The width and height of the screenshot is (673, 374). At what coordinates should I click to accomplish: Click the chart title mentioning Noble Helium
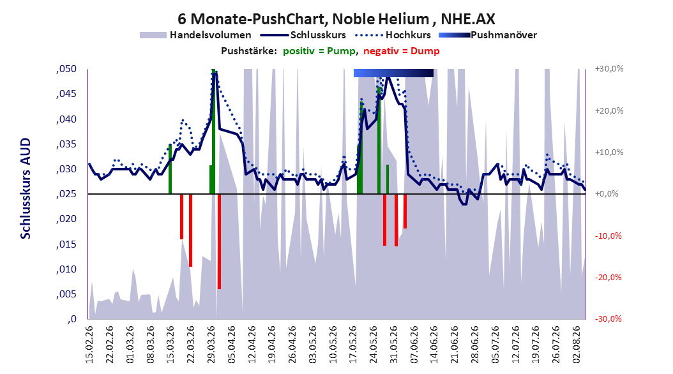pyautogui.click(x=336, y=19)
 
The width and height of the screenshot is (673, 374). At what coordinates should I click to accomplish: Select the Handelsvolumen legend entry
pyautogui.click(x=195, y=35)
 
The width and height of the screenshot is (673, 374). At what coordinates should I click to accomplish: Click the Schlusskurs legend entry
pyautogui.click(x=303, y=35)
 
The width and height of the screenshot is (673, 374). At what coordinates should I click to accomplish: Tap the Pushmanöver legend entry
pyautogui.click(x=488, y=35)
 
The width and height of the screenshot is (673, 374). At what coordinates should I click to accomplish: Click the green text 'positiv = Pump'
pyautogui.click(x=319, y=51)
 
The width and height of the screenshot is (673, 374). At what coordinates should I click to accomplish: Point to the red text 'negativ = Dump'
pyautogui.click(x=402, y=51)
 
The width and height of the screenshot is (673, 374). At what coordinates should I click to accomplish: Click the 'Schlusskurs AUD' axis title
pyautogui.click(x=26, y=188)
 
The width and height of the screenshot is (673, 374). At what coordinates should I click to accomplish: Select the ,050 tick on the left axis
pyautogui.click(x=66, y=69)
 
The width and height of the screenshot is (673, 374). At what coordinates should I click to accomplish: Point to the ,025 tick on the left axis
pyautogui.click(x=66, y=194)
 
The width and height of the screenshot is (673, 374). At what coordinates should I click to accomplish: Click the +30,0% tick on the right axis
pyautogui.click(x=609, y=69)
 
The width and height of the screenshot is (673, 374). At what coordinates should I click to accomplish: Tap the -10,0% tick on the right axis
pyautogui.click(x=608, y=236)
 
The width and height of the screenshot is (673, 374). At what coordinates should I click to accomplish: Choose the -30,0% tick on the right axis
pyautogui.click(x=608, y=318)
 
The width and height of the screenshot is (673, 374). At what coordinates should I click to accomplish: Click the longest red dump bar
pyautogui.click(x=219, y=241)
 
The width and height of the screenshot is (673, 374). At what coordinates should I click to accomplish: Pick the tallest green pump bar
pyautogui.click(x=213, y=131)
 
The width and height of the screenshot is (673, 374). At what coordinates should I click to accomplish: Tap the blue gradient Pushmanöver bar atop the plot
pyautogui.click(x=393, y=73)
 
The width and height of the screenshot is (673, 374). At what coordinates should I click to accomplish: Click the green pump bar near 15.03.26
pyautogui.click(x=170, y=169)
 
